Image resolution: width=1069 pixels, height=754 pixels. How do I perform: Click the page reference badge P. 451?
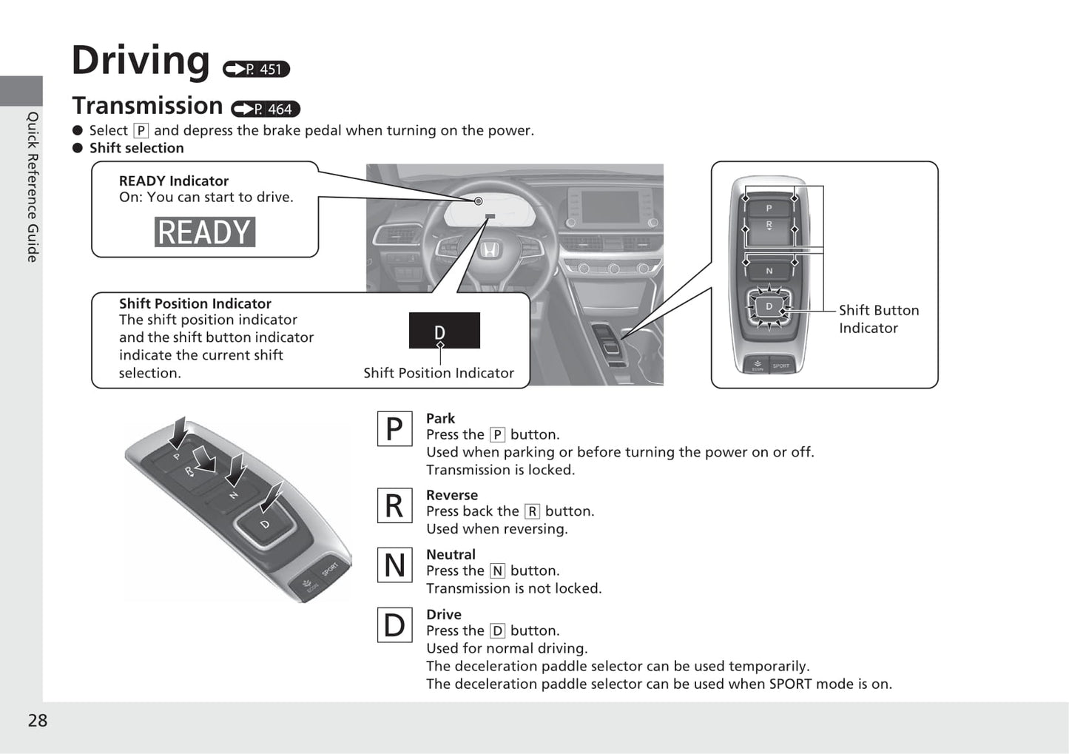256,69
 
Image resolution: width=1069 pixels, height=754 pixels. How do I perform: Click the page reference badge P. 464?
266,109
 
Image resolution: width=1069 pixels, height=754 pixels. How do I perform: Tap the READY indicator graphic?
205,232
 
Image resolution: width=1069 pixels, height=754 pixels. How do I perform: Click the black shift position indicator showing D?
444,330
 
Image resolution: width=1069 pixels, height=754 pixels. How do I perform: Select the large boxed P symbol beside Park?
394,429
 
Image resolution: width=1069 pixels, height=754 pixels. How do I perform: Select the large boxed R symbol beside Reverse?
394,506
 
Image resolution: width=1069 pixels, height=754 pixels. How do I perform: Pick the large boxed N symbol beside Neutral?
394,565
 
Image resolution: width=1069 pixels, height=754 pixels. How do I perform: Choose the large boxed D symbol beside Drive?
394,625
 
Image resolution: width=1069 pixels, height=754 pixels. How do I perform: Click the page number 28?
38,721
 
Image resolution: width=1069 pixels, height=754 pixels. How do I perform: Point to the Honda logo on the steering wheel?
489,250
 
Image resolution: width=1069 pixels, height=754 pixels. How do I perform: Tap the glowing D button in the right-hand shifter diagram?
769,306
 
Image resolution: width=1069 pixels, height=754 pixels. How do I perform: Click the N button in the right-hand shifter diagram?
769,271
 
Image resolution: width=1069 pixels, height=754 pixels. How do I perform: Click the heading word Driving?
141,61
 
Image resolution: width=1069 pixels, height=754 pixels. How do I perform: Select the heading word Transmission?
147,107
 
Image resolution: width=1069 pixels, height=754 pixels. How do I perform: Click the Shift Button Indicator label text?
878,319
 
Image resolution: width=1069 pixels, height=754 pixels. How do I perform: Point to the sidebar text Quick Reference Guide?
33,186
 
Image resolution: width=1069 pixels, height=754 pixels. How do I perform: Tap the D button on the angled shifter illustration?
265,525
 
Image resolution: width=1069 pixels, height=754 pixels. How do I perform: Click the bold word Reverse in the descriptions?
452,495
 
